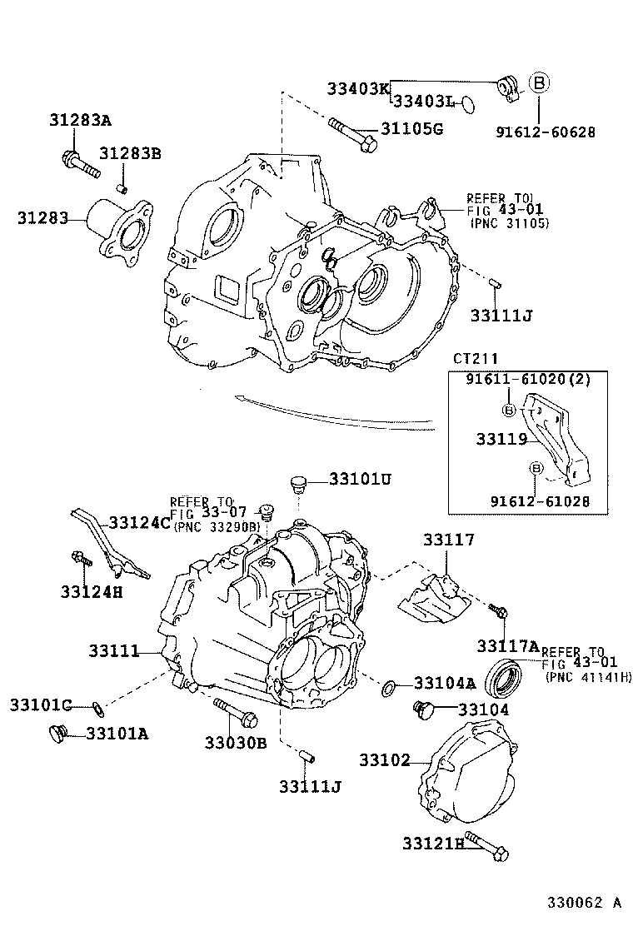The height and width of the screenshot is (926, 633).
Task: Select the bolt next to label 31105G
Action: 352,135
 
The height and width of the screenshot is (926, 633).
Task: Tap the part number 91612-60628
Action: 546,131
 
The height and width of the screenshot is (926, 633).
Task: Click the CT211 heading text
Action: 476,358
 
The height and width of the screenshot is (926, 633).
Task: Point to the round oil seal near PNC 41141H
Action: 505,676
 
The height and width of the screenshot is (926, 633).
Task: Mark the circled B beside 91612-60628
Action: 540,82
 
